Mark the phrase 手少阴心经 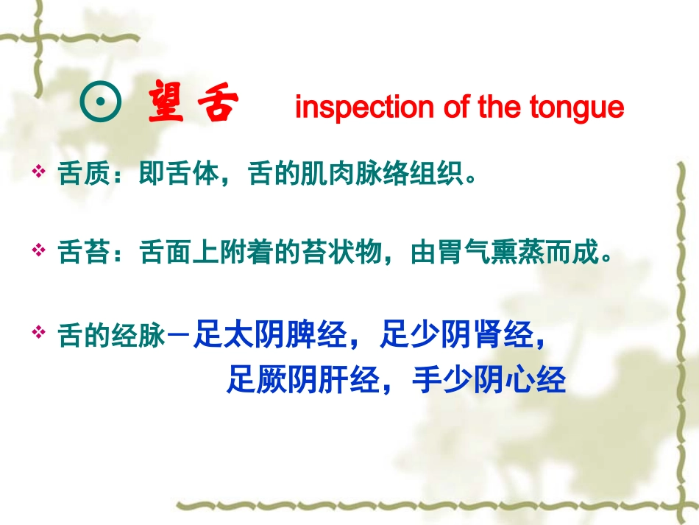click(x=489, y=380)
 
